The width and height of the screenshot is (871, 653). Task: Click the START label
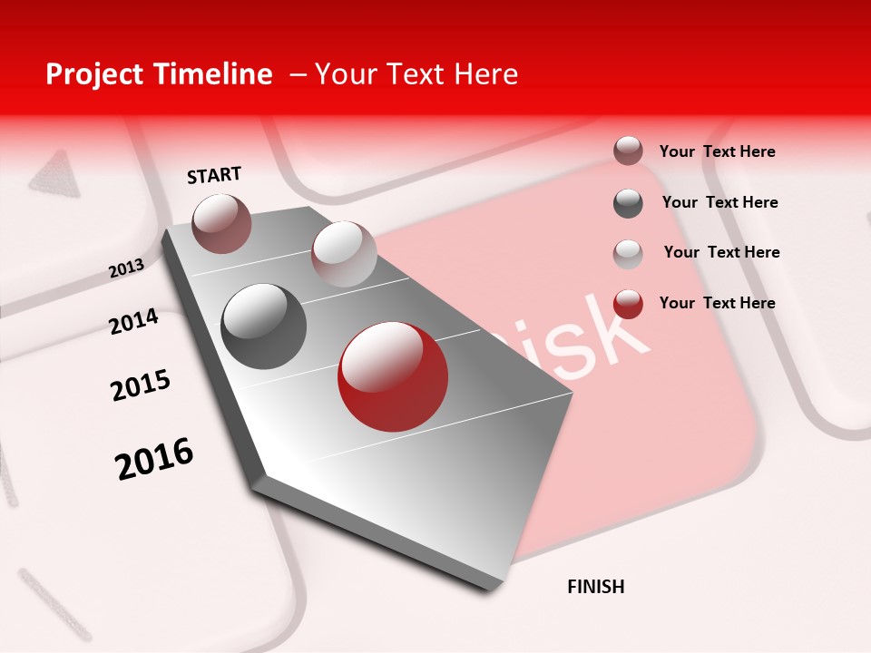point(214,175)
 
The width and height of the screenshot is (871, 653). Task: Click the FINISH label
point(595,587)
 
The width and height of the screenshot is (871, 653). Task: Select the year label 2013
point(126,268)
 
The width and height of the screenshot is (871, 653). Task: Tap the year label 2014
point(133,322)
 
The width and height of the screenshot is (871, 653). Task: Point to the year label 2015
point(141,385)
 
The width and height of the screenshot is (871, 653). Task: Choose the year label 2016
point(154,458)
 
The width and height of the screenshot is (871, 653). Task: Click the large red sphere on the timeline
point(393,376)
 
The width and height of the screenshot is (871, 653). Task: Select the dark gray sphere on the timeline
point(263,326)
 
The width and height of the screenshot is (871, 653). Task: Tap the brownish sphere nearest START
point(221,223)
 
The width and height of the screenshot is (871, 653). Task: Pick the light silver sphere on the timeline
point(344,254)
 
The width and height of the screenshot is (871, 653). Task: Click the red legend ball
point(628,304)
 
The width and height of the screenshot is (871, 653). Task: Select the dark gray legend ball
point(628,203)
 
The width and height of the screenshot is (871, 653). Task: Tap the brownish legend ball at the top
point(628,151)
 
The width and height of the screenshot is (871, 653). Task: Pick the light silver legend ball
point(628,253)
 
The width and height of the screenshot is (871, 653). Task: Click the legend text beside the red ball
point(717,303)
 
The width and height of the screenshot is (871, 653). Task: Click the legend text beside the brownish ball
point(717,151)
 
